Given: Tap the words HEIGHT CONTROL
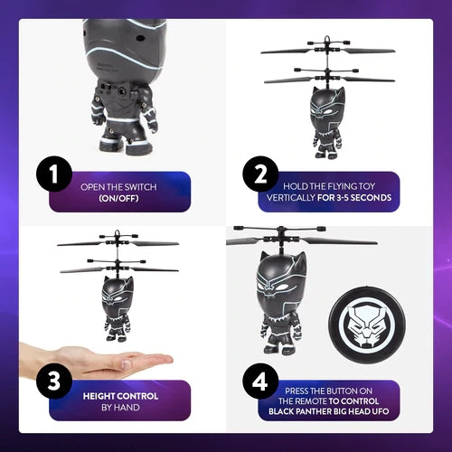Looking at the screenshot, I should (120, 396).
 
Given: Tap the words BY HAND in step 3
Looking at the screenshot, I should (120, 409).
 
